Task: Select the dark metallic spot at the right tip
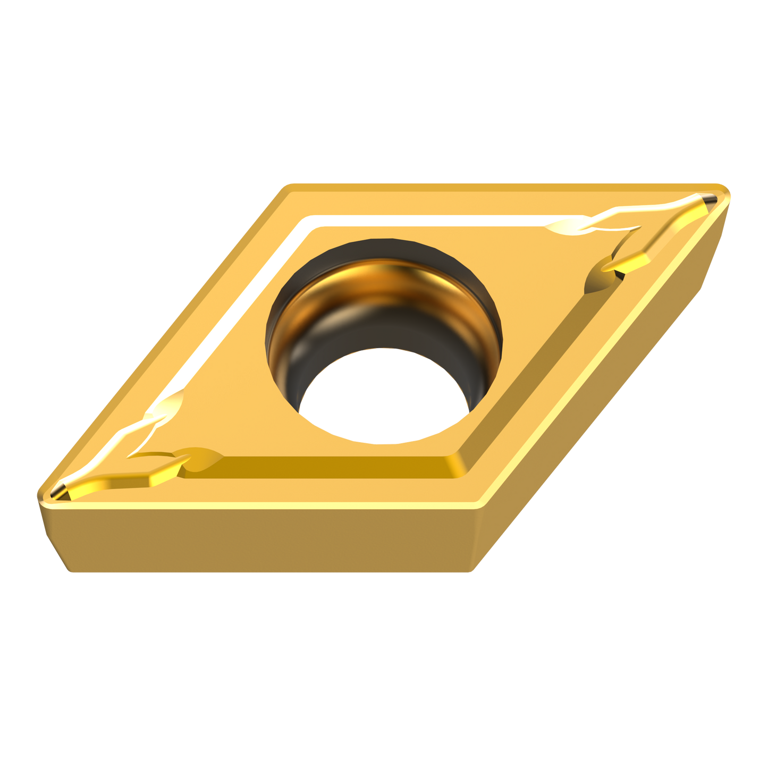pyautogui.click(x=710, y=201)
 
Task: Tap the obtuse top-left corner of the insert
pyautogui.click(x=287, y=187)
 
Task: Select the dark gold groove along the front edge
pyautogui.click(x=330, y=468)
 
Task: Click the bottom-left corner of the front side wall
pyautogui.click(x=69, y=572)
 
